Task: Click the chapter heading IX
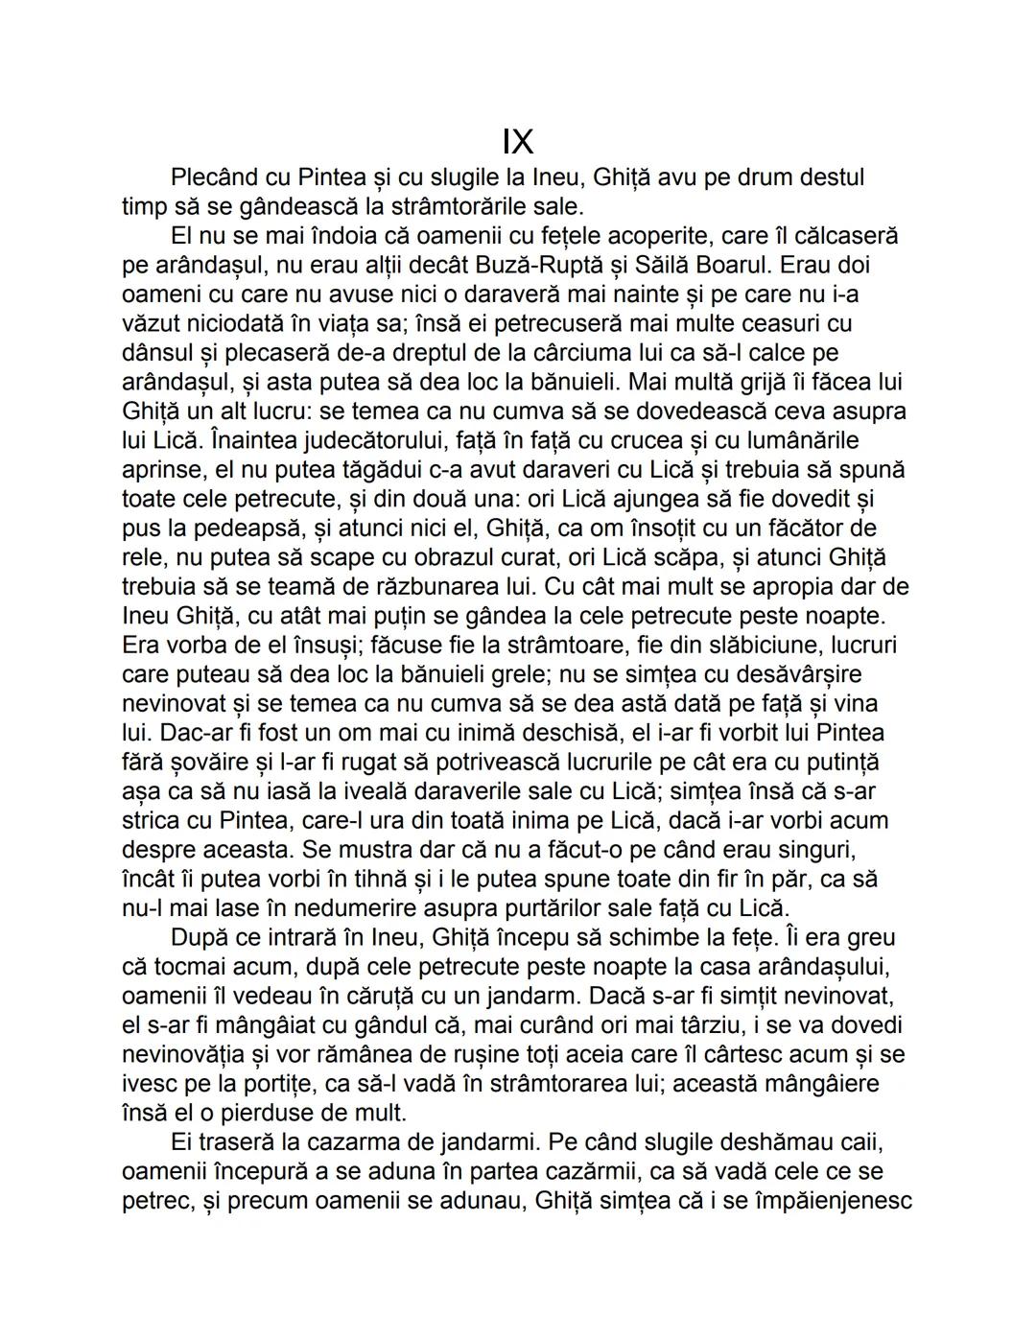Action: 517,143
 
